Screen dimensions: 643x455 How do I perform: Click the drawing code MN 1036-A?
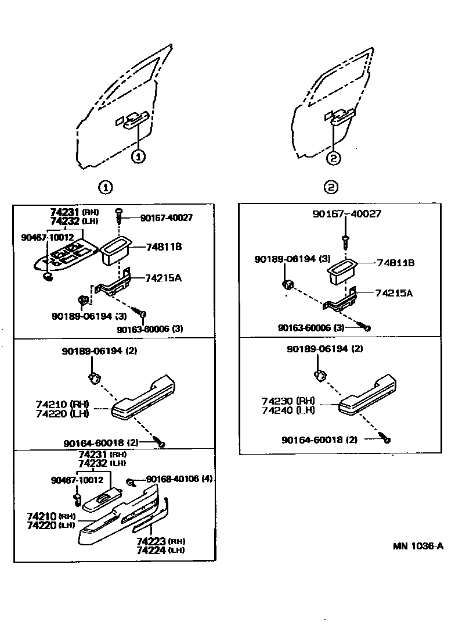[x=418, y=546]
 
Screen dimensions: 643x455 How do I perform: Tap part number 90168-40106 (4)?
[x=180, y=479]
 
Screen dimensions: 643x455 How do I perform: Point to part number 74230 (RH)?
[x=288, y=401]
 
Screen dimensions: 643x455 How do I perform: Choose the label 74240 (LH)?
[x=288, y=410]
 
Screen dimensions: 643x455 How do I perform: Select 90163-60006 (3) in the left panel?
[x=150, y=329]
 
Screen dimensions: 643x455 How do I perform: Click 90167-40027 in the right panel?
[x=346, y=214]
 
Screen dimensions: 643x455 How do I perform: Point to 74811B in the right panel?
[x=395, y=263]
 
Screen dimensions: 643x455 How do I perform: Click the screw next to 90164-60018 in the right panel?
[x=385, y=439]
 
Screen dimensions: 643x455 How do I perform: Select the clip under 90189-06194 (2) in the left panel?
[x=94, y=377]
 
